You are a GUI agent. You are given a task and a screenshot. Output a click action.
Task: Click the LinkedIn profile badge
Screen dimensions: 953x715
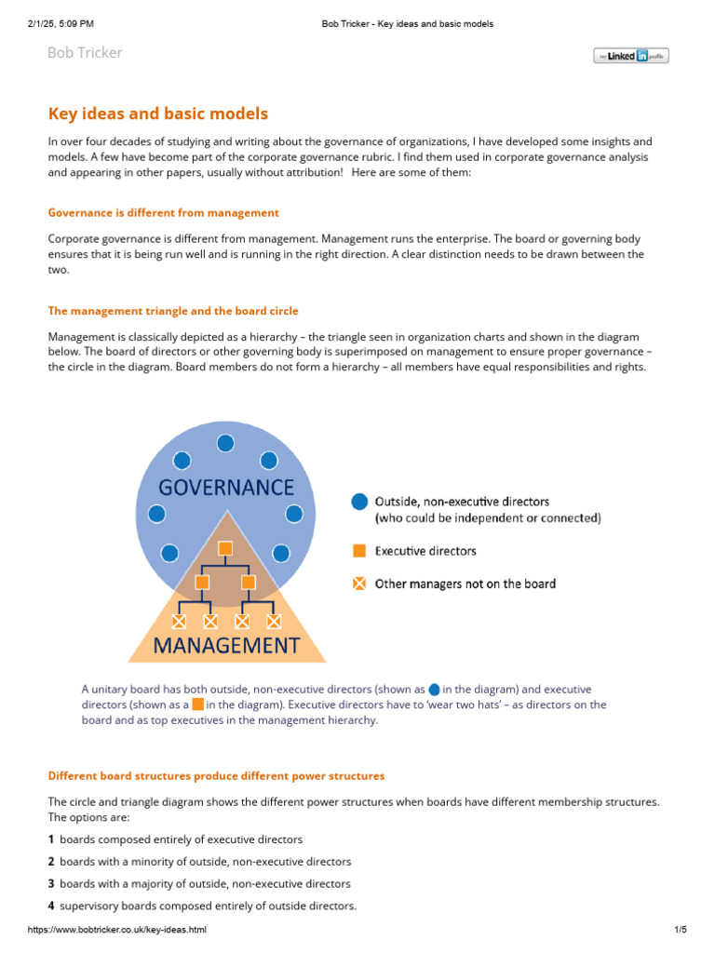tap(630, 56)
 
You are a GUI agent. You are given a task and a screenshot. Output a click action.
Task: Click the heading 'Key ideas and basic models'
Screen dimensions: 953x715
tap(157, 114)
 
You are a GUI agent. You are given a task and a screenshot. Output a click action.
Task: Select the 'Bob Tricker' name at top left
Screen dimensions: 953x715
tap(85, 53)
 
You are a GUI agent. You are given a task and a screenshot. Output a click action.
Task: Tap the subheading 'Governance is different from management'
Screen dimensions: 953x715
tap(163, 213)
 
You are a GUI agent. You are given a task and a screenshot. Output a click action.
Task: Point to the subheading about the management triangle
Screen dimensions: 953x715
tap(173, 310)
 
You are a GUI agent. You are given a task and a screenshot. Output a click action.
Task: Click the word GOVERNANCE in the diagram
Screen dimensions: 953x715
tap(225, 487)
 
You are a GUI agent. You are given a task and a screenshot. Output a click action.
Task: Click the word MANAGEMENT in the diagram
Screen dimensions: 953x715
tap(226, 645)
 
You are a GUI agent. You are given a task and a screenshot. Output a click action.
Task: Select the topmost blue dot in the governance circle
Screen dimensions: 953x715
tap(225, 443)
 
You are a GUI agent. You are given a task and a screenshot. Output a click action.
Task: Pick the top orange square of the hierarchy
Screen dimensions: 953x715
tap(224, 547)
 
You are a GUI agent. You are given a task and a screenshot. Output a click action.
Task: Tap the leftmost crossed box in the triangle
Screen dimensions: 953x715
tap(180, 620)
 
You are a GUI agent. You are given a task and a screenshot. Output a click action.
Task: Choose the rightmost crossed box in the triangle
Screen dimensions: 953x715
tap(274, 620)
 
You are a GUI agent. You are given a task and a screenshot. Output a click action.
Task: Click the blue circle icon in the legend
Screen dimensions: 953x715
tap(359, 502)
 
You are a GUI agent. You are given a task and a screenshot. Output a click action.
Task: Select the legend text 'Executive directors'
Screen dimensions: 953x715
tap(425, 551)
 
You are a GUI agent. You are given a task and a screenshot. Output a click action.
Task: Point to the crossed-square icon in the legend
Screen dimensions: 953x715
tap(359, 584)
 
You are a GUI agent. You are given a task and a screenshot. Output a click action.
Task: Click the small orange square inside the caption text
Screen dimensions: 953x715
tap(197, 705)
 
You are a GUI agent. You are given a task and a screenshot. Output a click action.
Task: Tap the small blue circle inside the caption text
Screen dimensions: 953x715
tap(434, 690)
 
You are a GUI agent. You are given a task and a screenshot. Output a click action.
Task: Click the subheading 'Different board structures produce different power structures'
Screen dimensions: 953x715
tap(216, 775)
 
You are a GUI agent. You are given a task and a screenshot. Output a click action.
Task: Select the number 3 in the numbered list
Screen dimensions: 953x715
tap(52, 883)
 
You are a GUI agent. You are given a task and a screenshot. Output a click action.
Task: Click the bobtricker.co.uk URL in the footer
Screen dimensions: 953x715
tap(117, 930)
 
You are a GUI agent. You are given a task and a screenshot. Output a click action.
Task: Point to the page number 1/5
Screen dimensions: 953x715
tap(680, 930)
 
